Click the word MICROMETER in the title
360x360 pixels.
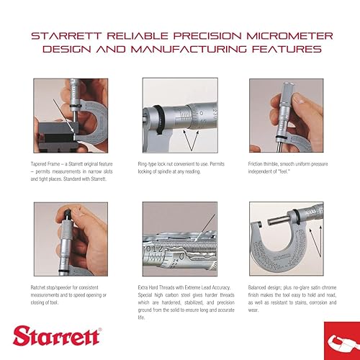[282, 35]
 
